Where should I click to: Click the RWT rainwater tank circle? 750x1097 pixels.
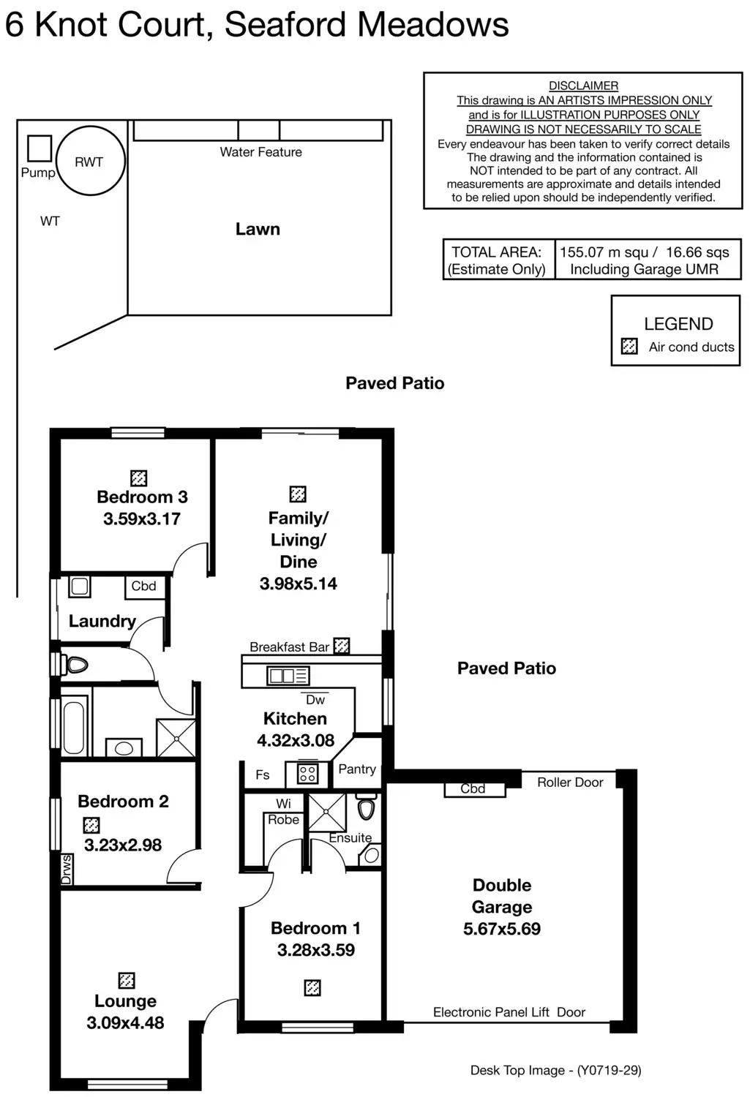coord(90,161)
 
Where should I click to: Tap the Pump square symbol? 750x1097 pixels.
coord(40,148)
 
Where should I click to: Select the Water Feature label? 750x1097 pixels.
coord(260,152)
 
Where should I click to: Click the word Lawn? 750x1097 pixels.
coord(258,229)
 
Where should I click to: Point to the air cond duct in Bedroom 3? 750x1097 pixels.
coord(138,478)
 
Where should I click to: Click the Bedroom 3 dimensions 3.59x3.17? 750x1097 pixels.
coord(142,519)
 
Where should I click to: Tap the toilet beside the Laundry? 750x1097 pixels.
coord(75,665)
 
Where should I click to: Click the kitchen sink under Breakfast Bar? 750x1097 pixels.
coord(288,676)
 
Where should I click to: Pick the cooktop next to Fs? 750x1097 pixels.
coord(307,774)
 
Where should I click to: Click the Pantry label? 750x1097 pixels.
coord(357,769)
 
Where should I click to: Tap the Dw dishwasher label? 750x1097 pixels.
coord(315,700)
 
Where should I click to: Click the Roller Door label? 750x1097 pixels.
coord(570,783)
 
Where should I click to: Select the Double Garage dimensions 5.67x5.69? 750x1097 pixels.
coord(502,929)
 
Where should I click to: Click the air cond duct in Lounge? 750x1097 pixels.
coord(127,980)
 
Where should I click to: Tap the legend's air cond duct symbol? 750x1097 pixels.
coord(629,346)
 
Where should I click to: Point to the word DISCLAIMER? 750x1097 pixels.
coord(583,86)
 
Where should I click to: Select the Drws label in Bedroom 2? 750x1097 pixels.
coord(67,870)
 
